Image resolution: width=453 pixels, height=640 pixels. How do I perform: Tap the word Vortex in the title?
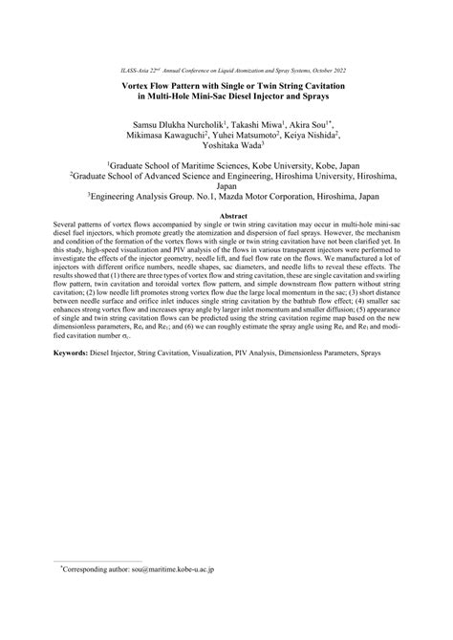[138, 84]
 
